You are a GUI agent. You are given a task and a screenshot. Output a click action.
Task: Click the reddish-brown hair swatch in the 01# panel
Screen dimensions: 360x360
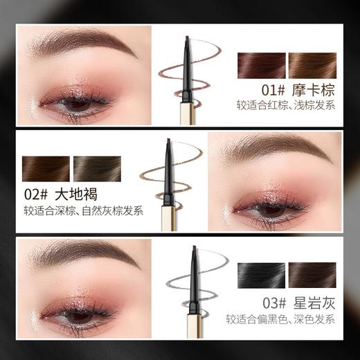click(261, 65)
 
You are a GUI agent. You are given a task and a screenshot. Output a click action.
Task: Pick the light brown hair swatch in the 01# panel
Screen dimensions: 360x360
click(312, 65)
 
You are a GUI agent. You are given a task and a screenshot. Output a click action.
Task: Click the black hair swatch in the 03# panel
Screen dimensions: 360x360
click(261, 276)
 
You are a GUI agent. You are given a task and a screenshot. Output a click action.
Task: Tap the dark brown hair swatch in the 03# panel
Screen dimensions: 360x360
click(312, 276)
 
